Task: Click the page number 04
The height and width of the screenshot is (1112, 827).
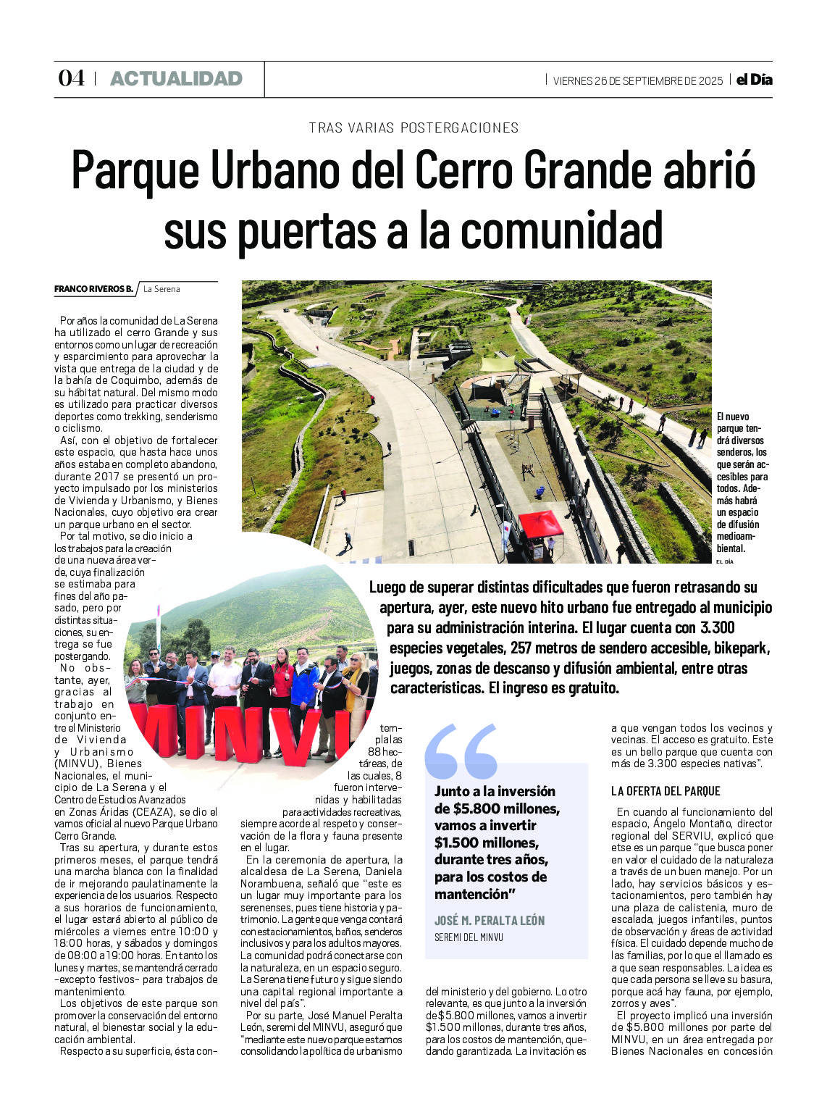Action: coord(71,78)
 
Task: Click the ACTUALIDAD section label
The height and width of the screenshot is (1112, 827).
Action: coord(176,79)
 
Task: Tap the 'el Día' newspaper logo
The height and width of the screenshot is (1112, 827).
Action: coord(754,80)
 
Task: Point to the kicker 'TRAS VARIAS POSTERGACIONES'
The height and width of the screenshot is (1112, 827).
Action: coord(413,128)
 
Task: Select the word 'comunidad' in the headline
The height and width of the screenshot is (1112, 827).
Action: coord(561,231)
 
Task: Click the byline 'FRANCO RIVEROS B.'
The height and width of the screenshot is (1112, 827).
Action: coord(93,289)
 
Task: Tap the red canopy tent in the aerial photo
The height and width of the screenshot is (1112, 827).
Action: coord(541,524)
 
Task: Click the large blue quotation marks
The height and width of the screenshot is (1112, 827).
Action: coord(461,751)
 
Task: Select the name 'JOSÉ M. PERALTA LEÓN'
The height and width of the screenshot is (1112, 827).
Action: coord(490,921)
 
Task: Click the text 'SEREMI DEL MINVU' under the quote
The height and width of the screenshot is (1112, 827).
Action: coord(469,937)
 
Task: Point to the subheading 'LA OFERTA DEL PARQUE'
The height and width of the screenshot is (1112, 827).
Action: coord(666,791)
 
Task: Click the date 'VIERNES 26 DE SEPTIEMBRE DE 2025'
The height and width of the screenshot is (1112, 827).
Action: coord(637,80)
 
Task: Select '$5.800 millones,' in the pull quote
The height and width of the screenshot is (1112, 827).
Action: coord(498,808)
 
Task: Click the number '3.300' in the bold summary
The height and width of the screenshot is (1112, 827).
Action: coord(717,627)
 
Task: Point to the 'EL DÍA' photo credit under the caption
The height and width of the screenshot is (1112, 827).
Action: coord(724,561)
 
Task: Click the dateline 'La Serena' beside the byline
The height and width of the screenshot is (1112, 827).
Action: coord(161,289)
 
